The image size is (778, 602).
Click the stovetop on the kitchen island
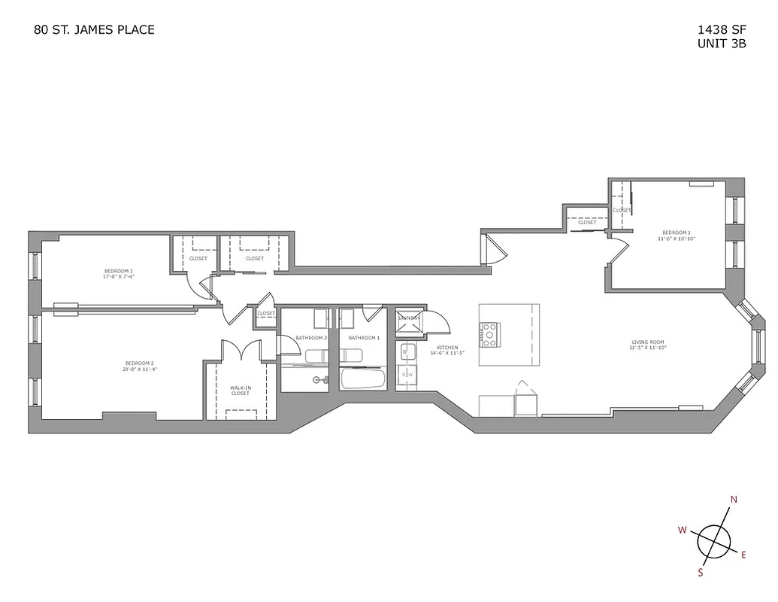[x=489, y=334]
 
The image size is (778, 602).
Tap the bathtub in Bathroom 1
[x=363, y=379]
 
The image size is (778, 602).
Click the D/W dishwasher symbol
[x=407, y=375]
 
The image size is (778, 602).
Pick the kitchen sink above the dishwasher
[x=407, y=351]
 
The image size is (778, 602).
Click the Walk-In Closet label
[x=240, y=391]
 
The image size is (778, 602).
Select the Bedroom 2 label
[x=139, y=366]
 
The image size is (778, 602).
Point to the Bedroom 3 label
[x=119, y=273]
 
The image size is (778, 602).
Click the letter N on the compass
[x=734, y=500]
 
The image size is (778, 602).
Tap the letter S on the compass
[x=700, y=573]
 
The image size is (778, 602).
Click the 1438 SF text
[x=722, y=30]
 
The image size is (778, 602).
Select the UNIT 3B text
[x=722, y=44]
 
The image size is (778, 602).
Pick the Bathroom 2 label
[x=311, y=338]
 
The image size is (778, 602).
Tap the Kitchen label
[x=444, y=350]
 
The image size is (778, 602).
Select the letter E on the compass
[x=743, y=555]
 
